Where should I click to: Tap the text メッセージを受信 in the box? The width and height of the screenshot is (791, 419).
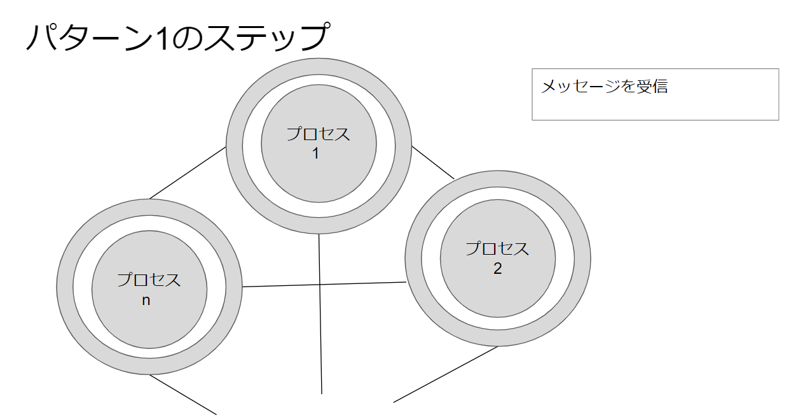click(x=604, y=87)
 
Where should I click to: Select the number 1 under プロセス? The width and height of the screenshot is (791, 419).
click(x=315, y=153)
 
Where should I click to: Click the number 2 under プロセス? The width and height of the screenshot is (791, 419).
click(x=497, y=269)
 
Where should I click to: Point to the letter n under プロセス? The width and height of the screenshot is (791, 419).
click(x=146, y=301)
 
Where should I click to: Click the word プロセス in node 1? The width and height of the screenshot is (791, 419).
click(x=318, y=135)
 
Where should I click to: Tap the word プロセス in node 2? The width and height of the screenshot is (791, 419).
click(x=497, y=249)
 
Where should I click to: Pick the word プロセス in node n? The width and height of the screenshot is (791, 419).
click(x=149, y=280)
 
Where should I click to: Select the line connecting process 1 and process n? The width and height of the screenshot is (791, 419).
click(x=188, y=173)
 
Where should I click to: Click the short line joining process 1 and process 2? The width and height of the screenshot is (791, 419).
click(x=432, y=162)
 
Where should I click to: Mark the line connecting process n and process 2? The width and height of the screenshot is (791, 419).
click(x=324, y=284)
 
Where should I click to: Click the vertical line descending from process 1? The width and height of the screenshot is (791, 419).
click(x=320, y=312)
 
